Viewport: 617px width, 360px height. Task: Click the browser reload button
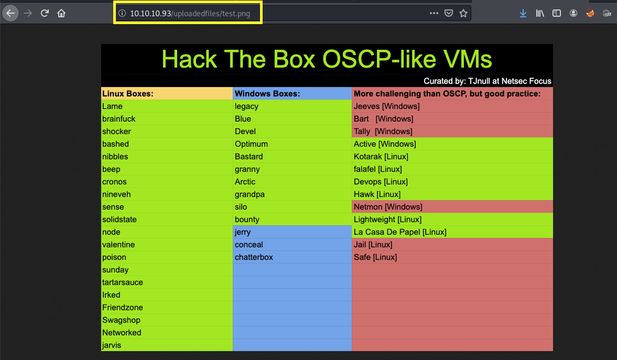(45, 13)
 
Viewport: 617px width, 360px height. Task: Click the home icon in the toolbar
(61, 13)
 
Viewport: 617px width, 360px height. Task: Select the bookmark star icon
(463, 14)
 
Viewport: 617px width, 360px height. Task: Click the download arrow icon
(523, 14)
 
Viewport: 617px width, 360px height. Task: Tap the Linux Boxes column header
(127, 94)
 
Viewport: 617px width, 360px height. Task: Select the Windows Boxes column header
(267, 94)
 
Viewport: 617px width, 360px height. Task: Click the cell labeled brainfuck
(119, 119)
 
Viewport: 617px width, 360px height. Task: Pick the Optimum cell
(251, 144)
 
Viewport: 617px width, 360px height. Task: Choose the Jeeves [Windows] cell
(386, 106)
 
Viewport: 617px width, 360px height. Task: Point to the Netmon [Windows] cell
(388, 207)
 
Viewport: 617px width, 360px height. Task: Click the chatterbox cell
(254, 257)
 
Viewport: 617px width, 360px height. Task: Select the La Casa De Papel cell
(400, 232)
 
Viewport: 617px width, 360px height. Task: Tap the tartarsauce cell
(123, 282)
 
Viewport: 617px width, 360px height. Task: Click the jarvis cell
(112, 345)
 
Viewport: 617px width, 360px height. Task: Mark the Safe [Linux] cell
(375, 257)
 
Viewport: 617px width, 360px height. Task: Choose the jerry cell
(243, 232)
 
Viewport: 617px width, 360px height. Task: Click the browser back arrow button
(10, 13)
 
